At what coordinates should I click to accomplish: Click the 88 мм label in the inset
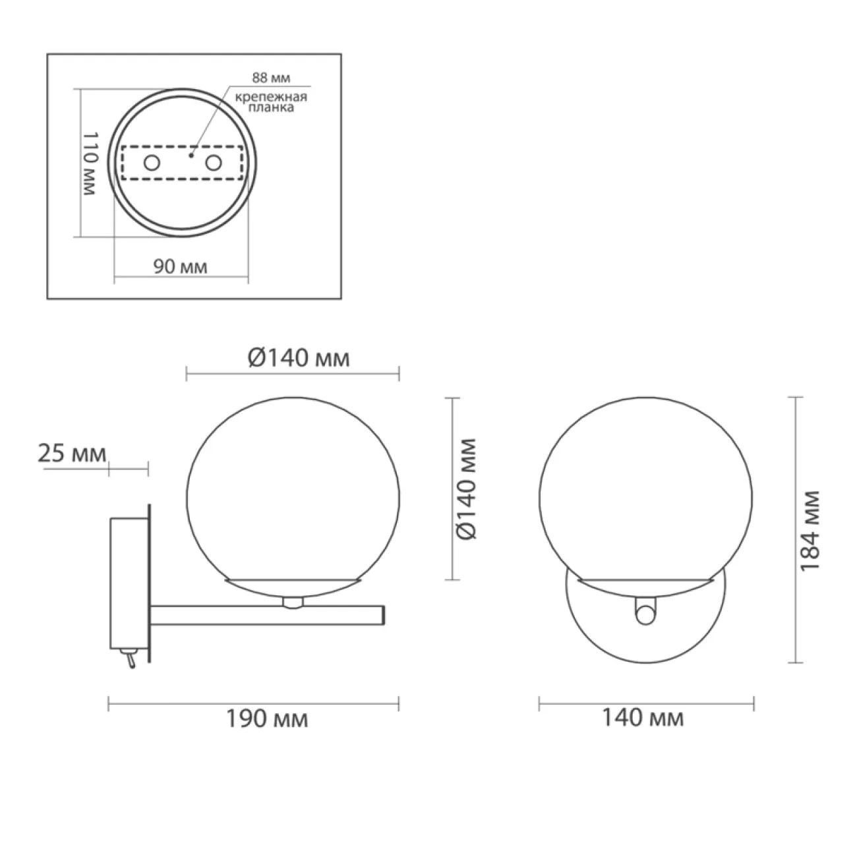(x=271, y=78)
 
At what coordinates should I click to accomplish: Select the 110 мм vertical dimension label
(x=90, y=163)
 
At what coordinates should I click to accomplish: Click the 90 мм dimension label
(x=180, y=267)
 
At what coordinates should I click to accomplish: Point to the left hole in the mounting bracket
(x=151, y=163)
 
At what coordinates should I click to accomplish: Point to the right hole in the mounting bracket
(x=213, y=163)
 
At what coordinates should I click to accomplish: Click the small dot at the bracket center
(x=191, y=156)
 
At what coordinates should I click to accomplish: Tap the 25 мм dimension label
(x=72, y=454)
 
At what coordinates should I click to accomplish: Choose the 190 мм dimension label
(x=267, y=719)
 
